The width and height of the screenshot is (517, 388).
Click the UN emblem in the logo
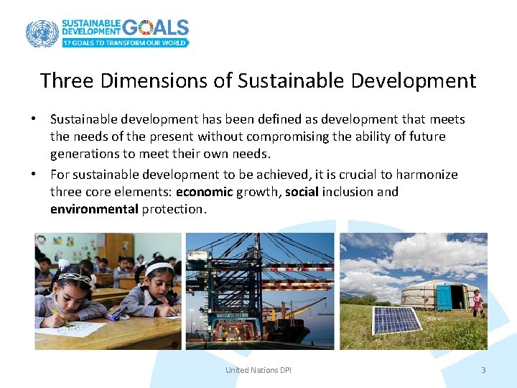(42, 33)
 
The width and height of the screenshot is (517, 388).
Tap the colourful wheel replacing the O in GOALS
(146, 27)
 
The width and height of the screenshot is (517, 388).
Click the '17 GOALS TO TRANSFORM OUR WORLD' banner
(125, 43)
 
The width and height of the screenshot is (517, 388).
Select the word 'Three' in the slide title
(67, 80)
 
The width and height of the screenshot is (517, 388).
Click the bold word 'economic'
(205, 192)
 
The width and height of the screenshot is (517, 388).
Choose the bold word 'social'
(302, 192)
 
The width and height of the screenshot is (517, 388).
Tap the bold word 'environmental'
(94, 209)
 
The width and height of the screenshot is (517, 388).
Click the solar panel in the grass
(396, 320)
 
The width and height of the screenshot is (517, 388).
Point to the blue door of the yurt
(457, 297)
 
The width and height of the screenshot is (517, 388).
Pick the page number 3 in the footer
(483, 370)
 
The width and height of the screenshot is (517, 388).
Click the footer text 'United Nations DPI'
(258, 370)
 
